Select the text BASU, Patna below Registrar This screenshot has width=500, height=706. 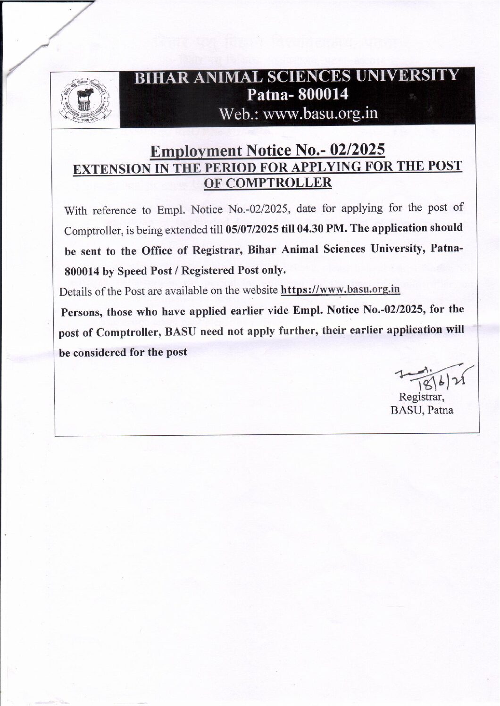click(x=422, y=410)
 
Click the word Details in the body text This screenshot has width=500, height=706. click(x=75, y=291)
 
